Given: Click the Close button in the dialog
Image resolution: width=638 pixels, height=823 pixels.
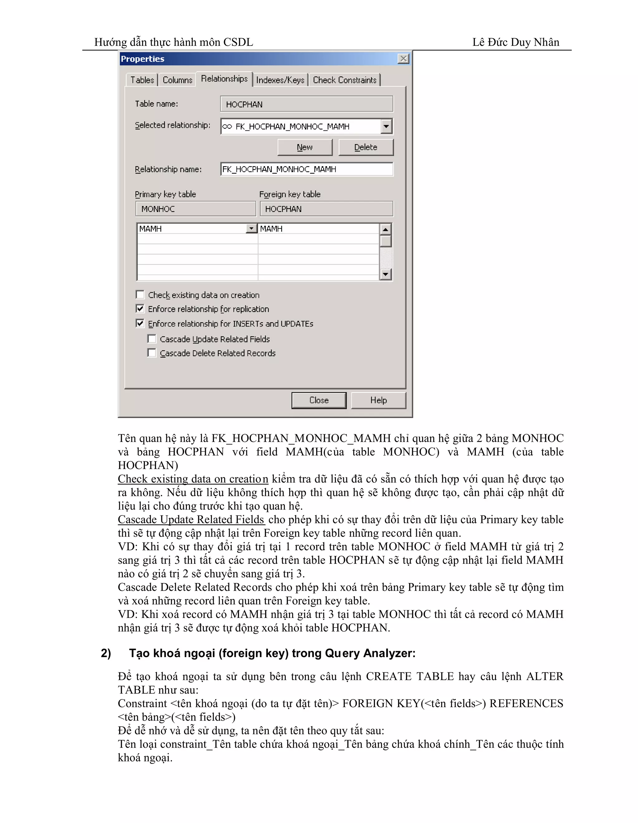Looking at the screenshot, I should click(x=319, y=400).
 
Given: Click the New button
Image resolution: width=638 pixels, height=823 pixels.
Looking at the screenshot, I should click(x=305, y=147).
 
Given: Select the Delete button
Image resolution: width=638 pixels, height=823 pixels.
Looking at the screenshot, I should click(x=365, y=147).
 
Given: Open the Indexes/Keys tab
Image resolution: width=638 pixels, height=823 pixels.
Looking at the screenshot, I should click(x=280, y=80).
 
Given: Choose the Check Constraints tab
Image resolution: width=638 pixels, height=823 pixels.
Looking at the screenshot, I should click(x=344, y=80).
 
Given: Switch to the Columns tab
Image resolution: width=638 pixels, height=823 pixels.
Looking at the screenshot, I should click(x=177, y=80).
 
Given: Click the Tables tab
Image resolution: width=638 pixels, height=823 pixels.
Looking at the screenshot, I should click(x=142, y=80).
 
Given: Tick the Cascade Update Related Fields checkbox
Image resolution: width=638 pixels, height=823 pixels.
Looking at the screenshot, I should click(x=152, y=339).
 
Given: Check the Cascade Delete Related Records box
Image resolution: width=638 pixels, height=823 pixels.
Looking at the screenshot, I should click(x=152, y=353).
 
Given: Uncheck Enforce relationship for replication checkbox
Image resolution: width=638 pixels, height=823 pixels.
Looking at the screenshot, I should click(x=140, y=309).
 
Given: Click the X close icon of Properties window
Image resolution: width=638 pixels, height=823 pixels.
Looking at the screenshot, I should click(x=403, y=59).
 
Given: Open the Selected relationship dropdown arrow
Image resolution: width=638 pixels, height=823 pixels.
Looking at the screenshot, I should click(x=386, y=127).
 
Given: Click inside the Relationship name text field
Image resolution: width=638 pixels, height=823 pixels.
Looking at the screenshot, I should click(x=306, y=169).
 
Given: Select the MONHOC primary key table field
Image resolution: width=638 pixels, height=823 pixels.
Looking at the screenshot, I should click(x=195, y=209).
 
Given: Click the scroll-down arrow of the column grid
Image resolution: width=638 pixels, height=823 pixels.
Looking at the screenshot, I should click(x=385, y=274).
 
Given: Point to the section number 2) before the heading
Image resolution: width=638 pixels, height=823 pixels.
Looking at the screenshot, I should click(x=106, y=653).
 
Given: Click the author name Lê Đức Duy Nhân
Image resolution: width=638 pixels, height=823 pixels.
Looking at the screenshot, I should click(x=516, y=42).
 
